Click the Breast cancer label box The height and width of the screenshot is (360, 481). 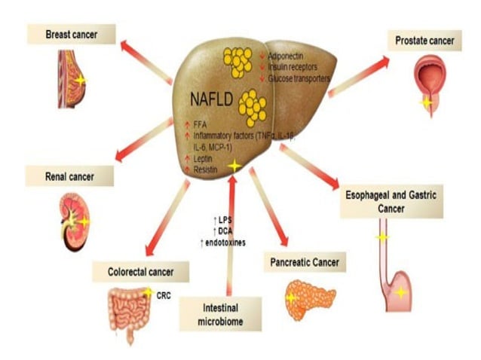71,35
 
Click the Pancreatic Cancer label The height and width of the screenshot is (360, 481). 305,263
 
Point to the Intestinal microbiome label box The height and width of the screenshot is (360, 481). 221,315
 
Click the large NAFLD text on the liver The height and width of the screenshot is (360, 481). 211,96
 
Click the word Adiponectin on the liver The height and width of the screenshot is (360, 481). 288,56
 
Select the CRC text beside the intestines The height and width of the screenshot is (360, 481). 164,295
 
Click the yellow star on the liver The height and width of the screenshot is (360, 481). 235,165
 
